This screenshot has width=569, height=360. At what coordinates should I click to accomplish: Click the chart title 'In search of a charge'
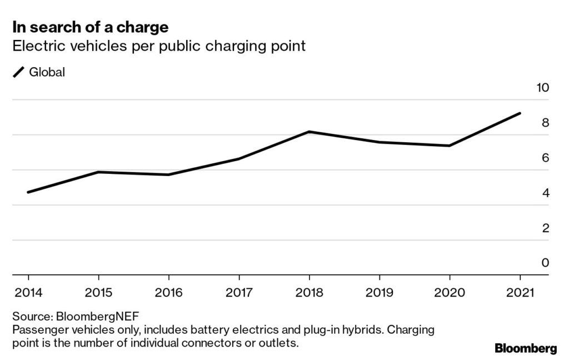91,26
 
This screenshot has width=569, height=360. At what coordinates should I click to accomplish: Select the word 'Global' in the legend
47,72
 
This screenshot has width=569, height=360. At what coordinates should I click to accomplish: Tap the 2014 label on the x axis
28,293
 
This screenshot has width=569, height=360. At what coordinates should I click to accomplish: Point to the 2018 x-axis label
309,293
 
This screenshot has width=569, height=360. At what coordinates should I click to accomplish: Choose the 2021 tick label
520,293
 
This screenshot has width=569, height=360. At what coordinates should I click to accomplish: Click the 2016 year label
168,293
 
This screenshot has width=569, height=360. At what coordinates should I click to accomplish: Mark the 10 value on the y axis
541,88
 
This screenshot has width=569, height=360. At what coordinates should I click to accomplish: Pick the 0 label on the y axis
545,263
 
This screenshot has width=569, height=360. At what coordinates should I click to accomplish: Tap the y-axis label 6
545,158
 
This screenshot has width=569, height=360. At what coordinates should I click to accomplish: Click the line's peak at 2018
309,132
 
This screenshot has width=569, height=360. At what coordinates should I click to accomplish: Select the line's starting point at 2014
28,192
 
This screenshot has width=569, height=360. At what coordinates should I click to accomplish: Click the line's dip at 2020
450,146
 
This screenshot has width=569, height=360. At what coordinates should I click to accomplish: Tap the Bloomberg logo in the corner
525,349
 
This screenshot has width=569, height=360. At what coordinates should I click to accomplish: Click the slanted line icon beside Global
19,72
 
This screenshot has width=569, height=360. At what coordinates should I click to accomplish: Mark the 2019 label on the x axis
380,293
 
